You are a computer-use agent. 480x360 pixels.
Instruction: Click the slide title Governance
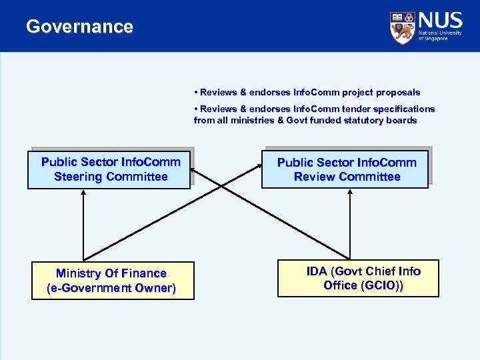click(x=79, y=27)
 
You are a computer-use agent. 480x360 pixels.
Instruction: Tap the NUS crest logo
click(x=402, y=28)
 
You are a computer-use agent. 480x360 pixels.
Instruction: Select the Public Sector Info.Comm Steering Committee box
click(x=110, y=169)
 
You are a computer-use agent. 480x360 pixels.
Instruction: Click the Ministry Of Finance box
click(x=112, y=281)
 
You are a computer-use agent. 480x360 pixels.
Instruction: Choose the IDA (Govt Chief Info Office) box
click(x=359, y=278)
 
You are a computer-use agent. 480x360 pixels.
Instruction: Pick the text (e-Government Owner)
click(x=111, y=288)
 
